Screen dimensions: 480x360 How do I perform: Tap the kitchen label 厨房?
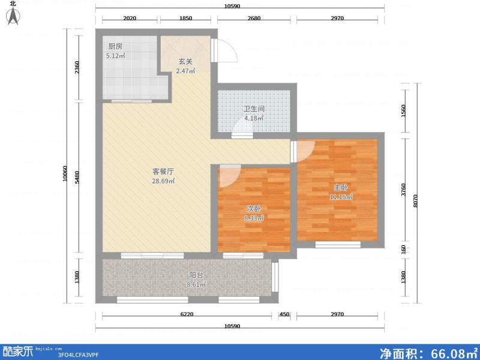115,47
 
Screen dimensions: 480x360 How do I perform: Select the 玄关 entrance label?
185,62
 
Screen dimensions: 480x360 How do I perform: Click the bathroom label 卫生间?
254,109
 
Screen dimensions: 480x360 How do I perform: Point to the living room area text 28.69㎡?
163,181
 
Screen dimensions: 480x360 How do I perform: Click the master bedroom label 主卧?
340,187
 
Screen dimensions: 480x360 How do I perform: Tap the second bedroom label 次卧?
254,209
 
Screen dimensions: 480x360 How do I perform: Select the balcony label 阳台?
196,275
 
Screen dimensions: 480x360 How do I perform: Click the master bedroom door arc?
308,153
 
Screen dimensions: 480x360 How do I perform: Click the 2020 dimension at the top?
130,18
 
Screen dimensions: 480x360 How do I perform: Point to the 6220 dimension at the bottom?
187,314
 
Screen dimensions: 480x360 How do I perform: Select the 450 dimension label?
284,314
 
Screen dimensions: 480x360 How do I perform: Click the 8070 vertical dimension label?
415,201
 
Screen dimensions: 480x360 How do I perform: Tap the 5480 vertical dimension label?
77,177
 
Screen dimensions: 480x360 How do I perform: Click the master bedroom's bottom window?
338,244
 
